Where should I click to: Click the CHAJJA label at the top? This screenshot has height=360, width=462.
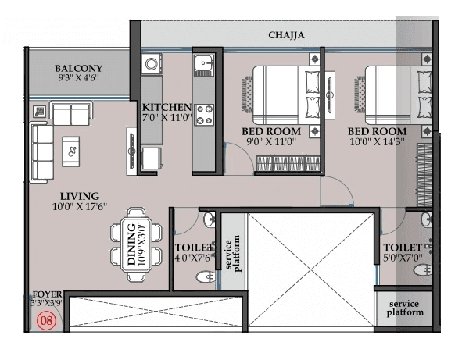coord(285,35)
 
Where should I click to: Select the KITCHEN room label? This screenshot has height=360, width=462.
coord(167,107)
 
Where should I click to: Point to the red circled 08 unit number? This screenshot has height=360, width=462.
coord(47,319)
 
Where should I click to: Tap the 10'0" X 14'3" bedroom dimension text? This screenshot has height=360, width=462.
coord(377,143)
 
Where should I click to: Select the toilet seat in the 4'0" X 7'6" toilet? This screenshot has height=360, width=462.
coord(206,277)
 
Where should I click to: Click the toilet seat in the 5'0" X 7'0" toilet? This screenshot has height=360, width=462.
coord(423,269)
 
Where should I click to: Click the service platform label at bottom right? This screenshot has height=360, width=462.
coord(405,308)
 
